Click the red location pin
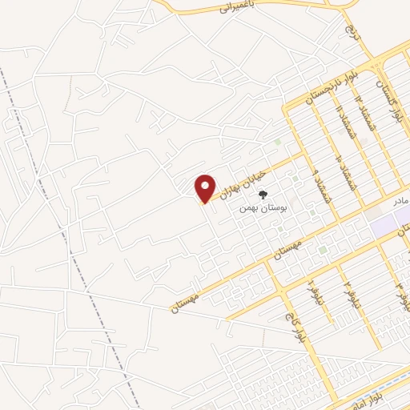[206, 188]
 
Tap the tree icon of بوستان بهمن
[265, 194]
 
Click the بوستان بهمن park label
[263, 207]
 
